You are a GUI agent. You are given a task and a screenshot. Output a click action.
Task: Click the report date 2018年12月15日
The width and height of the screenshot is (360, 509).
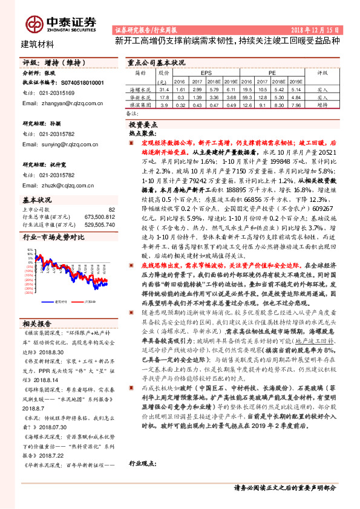[319, 29]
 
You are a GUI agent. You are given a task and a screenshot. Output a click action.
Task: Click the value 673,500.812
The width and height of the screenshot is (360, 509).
[100, 216]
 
